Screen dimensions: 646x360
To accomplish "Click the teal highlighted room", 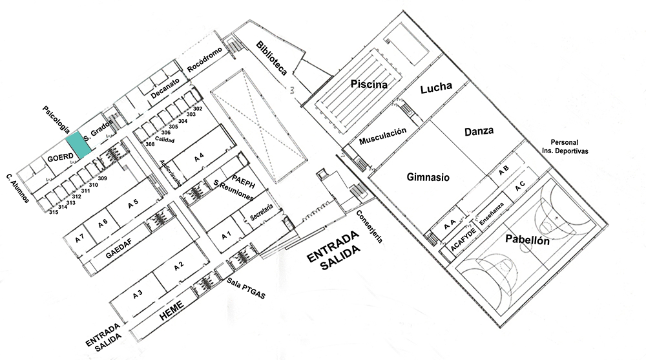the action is (x=79, y=145).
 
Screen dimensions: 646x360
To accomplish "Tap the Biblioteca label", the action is (x=271, y=58).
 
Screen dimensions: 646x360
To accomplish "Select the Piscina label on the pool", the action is (x=369, y=84).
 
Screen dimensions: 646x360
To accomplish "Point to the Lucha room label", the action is (x=436, y=87).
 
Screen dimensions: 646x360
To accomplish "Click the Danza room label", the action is (x=479, y=131).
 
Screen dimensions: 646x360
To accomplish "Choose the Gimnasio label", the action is (x=428, y=177).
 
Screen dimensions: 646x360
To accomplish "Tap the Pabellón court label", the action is (x=527, y=240).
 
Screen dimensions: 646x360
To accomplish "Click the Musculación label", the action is (x=382, y=136).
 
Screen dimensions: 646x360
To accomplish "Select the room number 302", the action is (x=198, y=109).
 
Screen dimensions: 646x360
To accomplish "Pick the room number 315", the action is (x=54, y=212).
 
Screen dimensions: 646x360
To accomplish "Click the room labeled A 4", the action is (x=199, y=156).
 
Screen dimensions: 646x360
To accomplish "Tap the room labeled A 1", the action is (x=226, y=236).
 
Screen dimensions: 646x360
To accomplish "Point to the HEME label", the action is (x=171, y=310).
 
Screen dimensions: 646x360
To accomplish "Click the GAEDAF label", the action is (x=119, y=249).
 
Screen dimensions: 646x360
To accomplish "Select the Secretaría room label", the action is (x=262, y=213).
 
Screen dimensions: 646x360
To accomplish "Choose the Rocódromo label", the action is (x=205, y=60).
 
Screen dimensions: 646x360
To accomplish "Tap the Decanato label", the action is (x=165, y=89).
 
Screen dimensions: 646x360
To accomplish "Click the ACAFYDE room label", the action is (x=463, y=240).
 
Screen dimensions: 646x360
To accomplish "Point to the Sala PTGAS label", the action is (x=246, y=288).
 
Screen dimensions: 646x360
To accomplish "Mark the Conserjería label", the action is (x=370, y=226).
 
